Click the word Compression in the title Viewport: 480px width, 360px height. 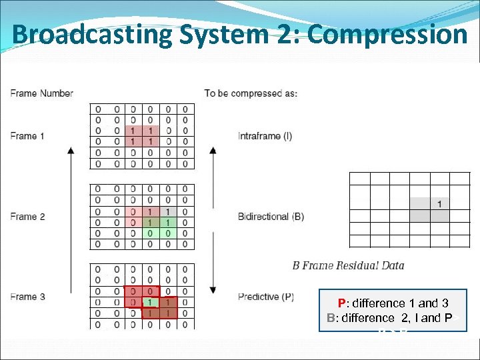coord(389,34)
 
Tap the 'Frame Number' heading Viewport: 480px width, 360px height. coord(41,93)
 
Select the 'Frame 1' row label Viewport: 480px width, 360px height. coord(27,136)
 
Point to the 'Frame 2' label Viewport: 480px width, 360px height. coord(27,217)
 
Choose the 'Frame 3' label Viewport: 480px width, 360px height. coord(27,297)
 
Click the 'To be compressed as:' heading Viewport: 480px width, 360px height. coord(251,93)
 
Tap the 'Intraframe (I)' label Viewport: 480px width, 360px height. coord(265,137)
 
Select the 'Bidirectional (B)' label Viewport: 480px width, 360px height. coord(271,217)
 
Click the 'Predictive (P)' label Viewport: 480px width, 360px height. coord(266,297)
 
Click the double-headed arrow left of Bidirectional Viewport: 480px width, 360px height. coord(213,220)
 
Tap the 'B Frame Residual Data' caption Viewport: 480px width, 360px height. coord(348,265)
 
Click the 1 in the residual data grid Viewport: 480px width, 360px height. coord(440,203)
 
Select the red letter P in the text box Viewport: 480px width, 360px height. coord(341,303)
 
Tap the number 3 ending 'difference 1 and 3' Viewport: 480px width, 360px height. coord(444,303)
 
